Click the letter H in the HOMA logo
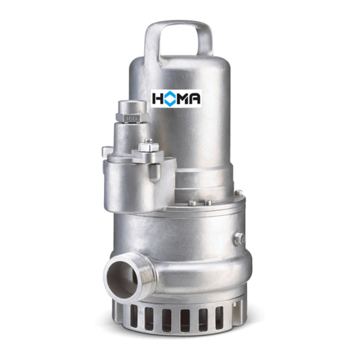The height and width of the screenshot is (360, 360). point(157,99)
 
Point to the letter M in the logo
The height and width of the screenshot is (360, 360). point(184,99)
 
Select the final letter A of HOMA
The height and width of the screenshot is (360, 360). point(195,99)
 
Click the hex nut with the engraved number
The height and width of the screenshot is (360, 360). point(132,118)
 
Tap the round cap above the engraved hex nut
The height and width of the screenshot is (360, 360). point(132,107)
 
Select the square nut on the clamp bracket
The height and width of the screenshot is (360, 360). point(148,147)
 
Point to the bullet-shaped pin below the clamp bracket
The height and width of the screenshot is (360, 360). point(155,173)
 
